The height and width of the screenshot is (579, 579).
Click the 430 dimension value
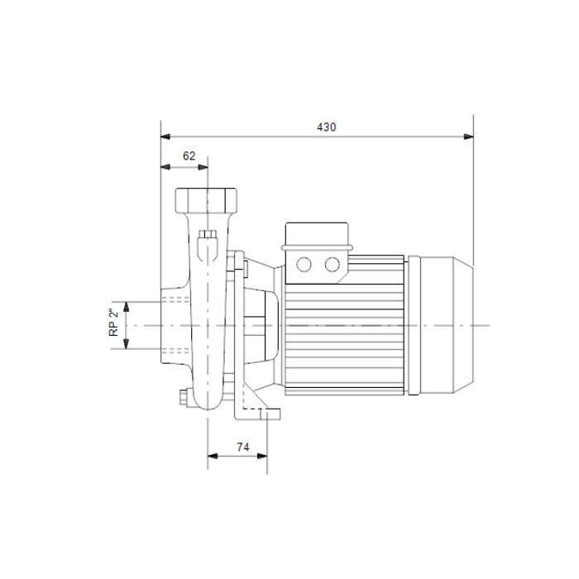click(327, 127)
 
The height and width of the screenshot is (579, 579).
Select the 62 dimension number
click(189, 156)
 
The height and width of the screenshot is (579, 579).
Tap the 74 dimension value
click(243, 447)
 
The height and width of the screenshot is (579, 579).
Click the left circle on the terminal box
click(304, 265)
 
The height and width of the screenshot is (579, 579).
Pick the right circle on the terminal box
click(332, 265)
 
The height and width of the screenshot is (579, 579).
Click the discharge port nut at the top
click(206, 200)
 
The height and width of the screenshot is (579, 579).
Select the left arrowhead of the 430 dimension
click(165, 136)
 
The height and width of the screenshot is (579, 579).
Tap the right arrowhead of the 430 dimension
click(469, 136)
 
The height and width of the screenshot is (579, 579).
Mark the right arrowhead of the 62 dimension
click(203, 167)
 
